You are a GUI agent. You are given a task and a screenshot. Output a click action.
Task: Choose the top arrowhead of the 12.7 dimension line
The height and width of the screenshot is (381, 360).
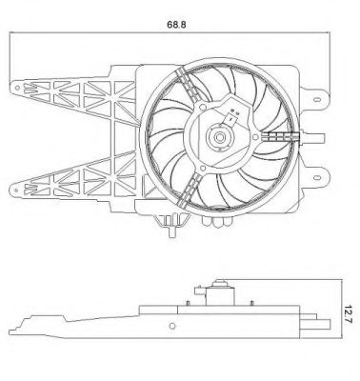[340, 282]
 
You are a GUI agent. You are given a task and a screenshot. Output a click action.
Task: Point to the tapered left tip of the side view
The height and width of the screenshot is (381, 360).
[21, 325]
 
